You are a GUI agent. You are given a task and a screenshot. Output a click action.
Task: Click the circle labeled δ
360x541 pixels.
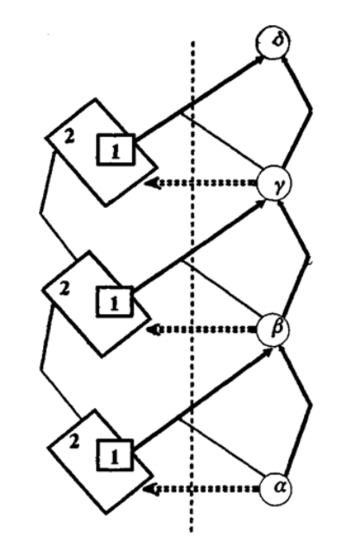click(x=273, y=42)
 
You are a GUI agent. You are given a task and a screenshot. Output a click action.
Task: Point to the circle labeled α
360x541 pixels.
click(x=275, y=488)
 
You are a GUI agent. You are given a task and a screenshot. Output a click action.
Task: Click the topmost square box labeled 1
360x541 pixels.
click(x=116, y=150)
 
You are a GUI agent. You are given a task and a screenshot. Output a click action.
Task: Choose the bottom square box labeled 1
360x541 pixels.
click(x=114, y=455)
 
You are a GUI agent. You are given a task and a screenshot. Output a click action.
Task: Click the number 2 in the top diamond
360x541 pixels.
click(x=69, y=137)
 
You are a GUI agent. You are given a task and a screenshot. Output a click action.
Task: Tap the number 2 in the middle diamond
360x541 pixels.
click(x=64, y=288)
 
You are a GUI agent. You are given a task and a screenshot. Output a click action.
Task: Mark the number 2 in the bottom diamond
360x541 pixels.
click(x=73, y=442)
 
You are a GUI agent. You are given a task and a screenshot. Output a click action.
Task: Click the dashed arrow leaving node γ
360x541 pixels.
click(x=201, y=183)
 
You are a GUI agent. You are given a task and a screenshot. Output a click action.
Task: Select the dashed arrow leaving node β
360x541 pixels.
click(x=202, y=330)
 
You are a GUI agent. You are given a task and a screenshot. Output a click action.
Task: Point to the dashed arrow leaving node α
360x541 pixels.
click(x=201, y=488)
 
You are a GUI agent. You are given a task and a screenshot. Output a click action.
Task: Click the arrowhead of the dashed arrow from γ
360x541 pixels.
click(x=151, y=183)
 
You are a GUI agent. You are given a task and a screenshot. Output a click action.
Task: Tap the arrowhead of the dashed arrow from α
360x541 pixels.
click(x=149, y=488)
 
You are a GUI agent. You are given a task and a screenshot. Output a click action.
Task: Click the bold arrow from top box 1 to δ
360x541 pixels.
click(x=199, y=98)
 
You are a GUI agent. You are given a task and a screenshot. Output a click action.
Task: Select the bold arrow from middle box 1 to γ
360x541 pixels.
click(x=199, y=246)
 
